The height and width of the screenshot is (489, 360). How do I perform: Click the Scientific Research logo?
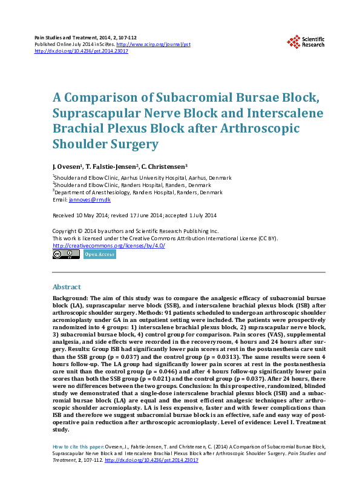tap(306, 41)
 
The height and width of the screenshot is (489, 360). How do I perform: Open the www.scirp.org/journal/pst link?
tap(153, 44)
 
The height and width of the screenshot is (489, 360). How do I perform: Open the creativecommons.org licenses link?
tap(109, 246)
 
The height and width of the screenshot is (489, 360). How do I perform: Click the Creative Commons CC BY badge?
tap(66, 255)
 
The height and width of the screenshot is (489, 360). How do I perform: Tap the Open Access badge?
tap(99, 255)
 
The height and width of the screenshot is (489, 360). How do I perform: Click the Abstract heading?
tap(67, 287)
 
